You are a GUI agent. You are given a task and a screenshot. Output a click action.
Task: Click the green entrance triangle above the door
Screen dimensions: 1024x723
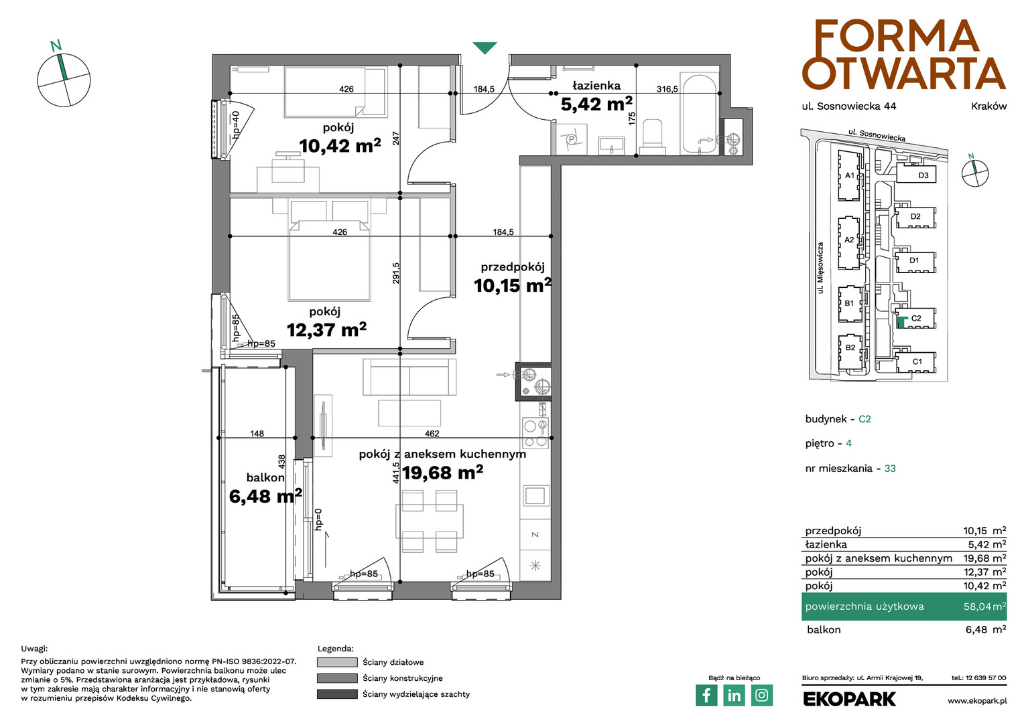485,48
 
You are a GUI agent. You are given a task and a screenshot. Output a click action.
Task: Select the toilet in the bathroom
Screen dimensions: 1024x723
652,136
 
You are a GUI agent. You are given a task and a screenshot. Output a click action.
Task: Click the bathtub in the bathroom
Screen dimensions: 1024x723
698,114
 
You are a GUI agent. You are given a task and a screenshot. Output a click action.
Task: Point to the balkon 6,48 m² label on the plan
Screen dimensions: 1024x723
265,488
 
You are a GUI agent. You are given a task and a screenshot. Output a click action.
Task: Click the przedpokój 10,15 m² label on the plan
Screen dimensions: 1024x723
513,278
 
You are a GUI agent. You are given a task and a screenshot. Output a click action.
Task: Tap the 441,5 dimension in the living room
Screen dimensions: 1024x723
396,472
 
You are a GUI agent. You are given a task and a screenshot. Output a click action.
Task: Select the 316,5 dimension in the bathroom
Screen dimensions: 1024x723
667,89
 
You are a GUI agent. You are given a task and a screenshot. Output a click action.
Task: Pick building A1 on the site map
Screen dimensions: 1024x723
849,175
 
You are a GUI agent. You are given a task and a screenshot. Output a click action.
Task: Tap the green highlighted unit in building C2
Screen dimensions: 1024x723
901,323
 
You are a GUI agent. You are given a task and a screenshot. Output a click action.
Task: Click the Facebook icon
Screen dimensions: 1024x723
706,695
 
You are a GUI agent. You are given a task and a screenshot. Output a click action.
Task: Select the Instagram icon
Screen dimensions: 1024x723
761,695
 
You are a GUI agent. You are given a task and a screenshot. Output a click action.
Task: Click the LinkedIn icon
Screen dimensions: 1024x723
734,695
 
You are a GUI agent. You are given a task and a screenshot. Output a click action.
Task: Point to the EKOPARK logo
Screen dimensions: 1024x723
849,699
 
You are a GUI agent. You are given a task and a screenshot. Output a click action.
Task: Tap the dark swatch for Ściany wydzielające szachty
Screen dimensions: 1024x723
337,694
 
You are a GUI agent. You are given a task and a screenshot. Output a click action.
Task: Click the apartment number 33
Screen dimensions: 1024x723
889,468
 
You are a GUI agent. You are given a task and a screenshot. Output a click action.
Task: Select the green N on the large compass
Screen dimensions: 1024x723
56,46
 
